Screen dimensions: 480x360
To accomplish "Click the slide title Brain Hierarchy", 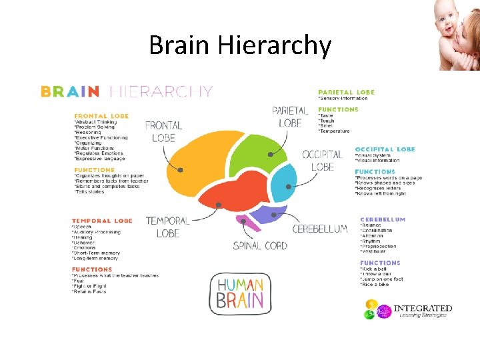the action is coord(240,45).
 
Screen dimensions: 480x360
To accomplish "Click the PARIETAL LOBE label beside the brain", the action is coord(291,117).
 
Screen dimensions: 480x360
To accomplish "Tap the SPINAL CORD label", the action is coord(260,246).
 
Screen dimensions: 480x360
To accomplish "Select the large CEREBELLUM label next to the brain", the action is coord(320,229).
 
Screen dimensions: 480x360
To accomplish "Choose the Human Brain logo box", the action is coord(241,293).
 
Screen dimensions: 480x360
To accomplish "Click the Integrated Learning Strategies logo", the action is coord(408,310).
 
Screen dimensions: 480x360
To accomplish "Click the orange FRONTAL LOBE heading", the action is coord(101,116).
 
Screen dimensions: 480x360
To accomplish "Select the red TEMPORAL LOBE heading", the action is coord(102,221).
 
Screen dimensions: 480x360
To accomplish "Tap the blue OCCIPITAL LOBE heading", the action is coord(385,149).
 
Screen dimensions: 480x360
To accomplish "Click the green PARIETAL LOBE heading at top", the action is coord(346,92).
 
